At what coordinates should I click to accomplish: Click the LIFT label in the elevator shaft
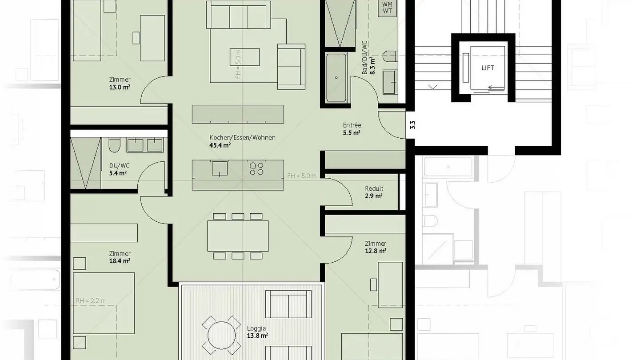point(487,68)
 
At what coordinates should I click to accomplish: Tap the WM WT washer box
point(387,8)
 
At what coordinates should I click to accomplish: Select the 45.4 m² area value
point(220,145)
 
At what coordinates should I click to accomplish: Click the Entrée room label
point(352,125)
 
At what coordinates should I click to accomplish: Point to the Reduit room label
point(374,188)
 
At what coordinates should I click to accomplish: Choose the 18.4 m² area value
point(120,261)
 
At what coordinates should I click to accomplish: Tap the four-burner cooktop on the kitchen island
point(256,168)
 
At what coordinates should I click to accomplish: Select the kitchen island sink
point(220,168)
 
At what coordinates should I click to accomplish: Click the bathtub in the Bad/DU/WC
point(336,78)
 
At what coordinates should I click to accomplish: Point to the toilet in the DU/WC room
point(114,145)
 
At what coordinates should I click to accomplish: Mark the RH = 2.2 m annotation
point(91,301)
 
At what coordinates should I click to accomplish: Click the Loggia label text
point(256,328)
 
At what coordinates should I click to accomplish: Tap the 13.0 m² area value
point(120,87)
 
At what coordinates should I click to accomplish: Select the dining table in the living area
point(238,236)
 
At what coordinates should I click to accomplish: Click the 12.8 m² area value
point(376,251)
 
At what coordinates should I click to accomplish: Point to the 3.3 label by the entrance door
point(412,125)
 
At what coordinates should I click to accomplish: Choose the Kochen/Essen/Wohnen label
point(242,137)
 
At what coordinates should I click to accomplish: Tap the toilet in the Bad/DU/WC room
point(391,56)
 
